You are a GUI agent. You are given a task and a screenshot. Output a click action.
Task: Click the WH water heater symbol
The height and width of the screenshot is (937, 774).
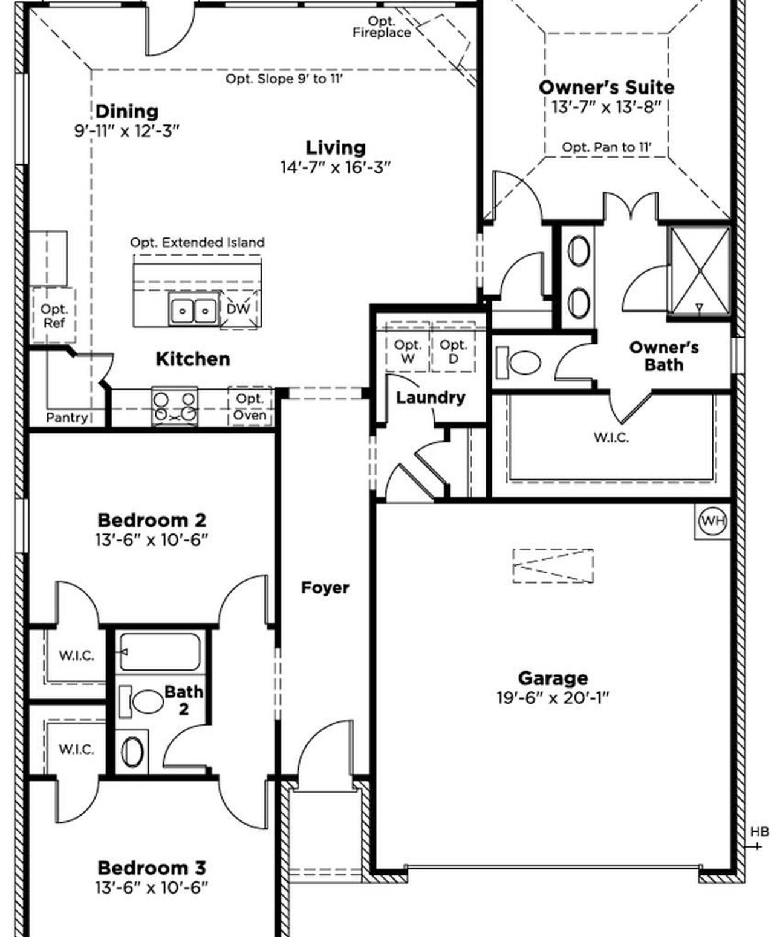tap(712, 521)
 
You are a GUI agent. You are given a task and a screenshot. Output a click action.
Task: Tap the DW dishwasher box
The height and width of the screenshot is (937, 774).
tap(238, 309)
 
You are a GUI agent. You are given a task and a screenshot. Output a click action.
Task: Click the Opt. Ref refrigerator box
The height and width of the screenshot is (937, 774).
tap(54, 315)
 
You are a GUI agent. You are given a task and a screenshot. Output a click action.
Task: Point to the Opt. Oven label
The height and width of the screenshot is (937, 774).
tap(250, 407)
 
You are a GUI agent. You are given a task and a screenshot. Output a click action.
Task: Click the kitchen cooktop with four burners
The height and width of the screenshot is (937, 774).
tap(174, 407)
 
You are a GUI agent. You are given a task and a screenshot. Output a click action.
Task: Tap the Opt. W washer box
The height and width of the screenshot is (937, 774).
tap(408, 351)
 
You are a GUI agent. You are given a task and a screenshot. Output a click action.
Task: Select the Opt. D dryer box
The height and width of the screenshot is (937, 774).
tap(453, 351)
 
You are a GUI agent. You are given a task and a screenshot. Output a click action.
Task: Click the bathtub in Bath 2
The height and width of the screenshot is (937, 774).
tap(159, 652)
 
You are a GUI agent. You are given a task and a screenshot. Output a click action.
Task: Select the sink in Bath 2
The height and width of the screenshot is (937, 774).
tap(134, 752)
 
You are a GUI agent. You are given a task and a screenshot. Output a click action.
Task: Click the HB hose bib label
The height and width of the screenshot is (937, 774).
tap(759, 832)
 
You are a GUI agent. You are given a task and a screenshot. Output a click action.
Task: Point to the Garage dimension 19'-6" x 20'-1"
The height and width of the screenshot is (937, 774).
tap(552, 698)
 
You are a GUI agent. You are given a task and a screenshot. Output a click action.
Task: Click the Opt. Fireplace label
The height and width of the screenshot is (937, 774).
tap(382, 27)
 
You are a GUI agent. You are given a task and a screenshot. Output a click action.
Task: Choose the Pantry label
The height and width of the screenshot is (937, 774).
tap(67, 417)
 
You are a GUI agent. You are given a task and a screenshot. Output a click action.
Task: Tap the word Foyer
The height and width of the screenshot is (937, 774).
tap(325, 587)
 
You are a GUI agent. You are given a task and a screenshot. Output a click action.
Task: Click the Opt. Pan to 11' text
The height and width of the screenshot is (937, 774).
tap(606, 147)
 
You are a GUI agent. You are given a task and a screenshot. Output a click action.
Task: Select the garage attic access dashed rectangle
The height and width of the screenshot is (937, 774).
tap(553, 565)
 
